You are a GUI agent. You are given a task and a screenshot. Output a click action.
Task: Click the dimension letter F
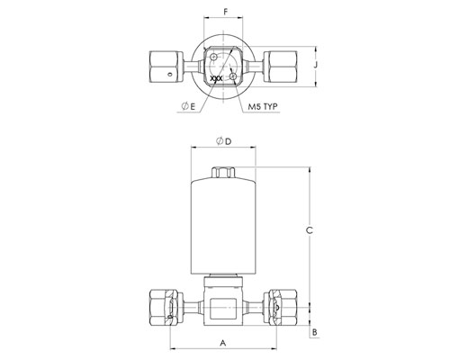[x=226, y=12]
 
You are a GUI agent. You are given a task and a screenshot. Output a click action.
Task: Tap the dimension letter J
[x=315, y=65]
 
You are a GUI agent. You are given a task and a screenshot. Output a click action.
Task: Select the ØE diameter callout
[x=188, y=106]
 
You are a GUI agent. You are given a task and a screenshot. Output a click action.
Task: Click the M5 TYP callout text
[x=263, y=106]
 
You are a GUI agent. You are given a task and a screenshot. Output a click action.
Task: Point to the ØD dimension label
[x=224, y=141]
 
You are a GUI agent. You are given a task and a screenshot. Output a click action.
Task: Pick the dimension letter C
[x=309, y=230]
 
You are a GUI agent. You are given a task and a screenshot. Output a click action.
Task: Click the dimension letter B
[x=314, y=332]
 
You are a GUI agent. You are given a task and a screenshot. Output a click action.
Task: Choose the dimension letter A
[x=222, y=343]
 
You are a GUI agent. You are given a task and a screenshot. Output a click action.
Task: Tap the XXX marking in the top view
[x=216, y=78]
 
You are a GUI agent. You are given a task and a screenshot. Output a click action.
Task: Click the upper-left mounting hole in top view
[x=213, y=57]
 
